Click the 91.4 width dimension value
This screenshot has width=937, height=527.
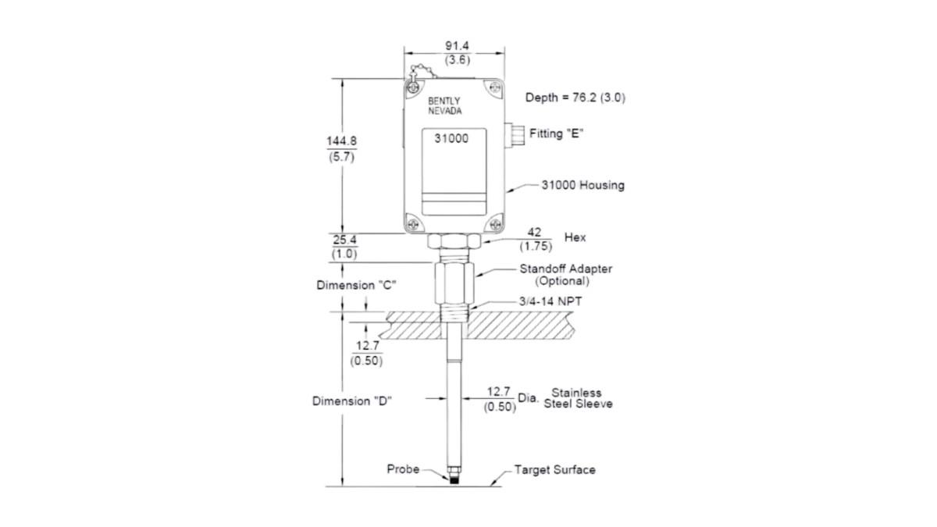(x=457, y=45)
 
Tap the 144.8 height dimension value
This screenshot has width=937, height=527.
(x=342, y=141)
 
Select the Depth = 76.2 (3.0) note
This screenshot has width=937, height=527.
(x=575, y=98)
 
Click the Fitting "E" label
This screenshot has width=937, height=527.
(x=556, y=134)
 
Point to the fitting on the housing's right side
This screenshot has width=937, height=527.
(x=515, y=134)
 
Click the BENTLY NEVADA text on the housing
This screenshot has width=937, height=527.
(x=444, y=106)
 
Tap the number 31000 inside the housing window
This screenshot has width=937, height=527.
(x=451, y=138)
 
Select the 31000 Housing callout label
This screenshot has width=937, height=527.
(x=583, y=185)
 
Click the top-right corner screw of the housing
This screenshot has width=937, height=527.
(x=495, y=87)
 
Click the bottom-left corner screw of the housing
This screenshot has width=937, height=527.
(x=413, y=224)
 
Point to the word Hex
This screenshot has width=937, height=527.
(x=575, y=237)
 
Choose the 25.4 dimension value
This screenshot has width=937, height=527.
(x=344, y=240)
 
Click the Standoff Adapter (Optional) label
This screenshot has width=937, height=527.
(x=565, y=275)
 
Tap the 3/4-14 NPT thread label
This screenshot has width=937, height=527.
(x=550, y=301)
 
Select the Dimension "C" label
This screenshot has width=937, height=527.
(x=356, y=285)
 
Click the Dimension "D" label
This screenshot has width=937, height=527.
(x=352, y=401)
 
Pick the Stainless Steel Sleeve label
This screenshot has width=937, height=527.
(x=578, y=398)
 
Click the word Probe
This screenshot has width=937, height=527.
(x=403, y=469)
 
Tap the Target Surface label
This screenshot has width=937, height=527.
(x=554, y=470)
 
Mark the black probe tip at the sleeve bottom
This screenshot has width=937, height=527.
(x=454, y=479)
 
